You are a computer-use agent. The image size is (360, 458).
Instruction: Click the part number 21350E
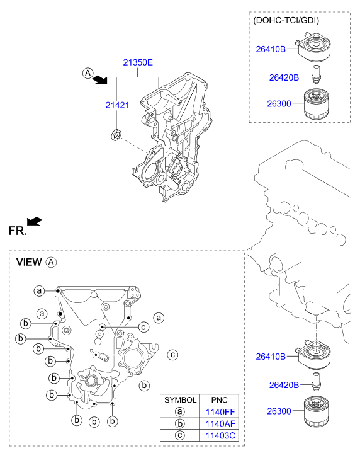pyautogui.click(x=138, y=62)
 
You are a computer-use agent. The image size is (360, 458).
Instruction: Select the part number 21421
pyautogui.click(x=117, y=105)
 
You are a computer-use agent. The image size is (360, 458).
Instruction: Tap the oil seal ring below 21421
pyautogui.click(x=116, y=134)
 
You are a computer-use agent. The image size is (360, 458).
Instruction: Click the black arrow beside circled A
pyautogui.click(x=101, y=80)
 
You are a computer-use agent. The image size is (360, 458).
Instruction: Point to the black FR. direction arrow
pyautogui.click(x=35, y=221)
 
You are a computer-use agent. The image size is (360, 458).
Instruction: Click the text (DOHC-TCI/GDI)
pyautogui.click(x=286, y=20)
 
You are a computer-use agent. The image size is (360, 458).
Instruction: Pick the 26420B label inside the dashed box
pyautogui.click(x=284, y=77)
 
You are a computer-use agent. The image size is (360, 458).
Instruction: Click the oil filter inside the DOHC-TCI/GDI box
pyautogui.click(x=316, y=105)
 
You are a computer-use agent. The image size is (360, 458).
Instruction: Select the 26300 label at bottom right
pyautogui.click(x=279, y=411)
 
